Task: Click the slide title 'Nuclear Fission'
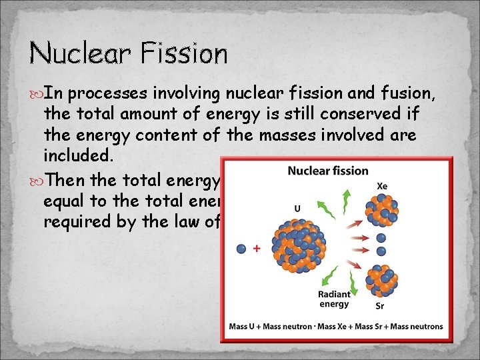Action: pos(129,53)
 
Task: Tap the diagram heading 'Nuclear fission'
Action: pos(327,171)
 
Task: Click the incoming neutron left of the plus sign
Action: pos(241,249)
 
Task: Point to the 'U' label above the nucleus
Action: pos(297,208)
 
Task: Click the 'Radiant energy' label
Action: pos(333,299)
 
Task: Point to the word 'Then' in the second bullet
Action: pos(71,181)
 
